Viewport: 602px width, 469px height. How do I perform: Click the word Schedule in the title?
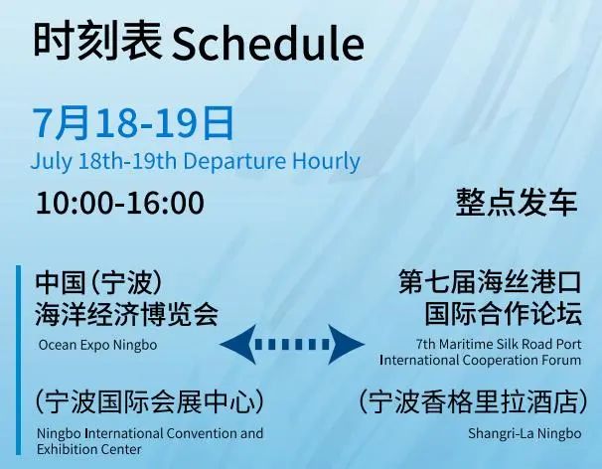coord(268,43)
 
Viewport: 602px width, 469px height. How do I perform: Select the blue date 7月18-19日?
coord(133,123)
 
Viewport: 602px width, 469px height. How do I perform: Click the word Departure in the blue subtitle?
coord(234,161)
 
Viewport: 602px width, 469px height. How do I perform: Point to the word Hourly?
coord(326,162)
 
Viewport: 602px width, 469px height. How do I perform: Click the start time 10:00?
coord(75,203)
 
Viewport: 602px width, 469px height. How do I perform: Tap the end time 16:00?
coord(166,203)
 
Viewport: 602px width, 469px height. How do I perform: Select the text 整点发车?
coord(517,202)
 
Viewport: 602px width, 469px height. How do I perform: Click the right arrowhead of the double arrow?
coord(346,344)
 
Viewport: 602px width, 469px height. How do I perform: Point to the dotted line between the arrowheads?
coord(292,344)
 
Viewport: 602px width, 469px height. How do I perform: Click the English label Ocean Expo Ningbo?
coord(98,345)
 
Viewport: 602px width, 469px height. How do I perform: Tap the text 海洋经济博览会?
coord(127,314)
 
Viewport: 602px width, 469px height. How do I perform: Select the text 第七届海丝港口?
coord(490,281)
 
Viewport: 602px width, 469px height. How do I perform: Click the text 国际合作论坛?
coord(503,313)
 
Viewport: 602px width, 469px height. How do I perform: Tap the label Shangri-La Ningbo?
coord(525,433)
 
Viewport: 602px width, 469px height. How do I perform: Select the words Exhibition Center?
coord(89,449)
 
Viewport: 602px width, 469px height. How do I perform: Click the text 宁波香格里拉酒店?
coord(473,401)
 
